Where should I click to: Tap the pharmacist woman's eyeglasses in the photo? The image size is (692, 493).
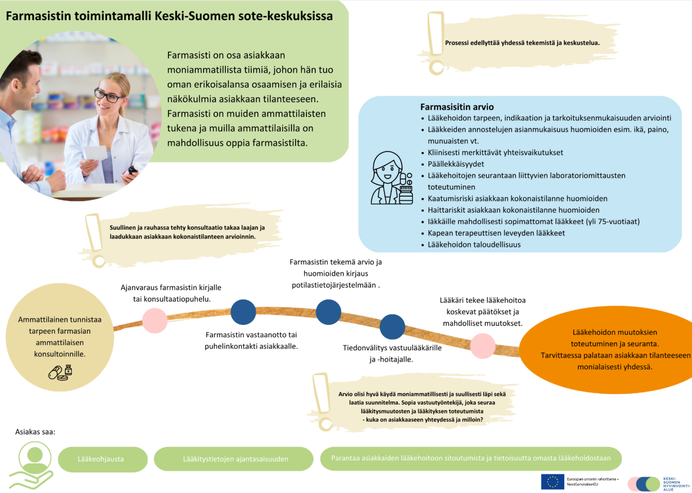pyautogui.click(x=107, y=96)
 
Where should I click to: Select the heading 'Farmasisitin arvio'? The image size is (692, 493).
pyautogui.click(x=457, y=107)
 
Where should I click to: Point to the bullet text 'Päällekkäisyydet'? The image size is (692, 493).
pyautogui.click(x=456, y=164)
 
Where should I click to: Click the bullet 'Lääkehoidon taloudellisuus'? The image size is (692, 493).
pyautogui.click(x=474, y=245)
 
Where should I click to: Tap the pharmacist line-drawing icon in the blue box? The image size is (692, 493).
pyautogui.click(x=391, y=178)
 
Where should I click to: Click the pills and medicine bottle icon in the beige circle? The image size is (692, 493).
pyautogui.click(x=60, y=372)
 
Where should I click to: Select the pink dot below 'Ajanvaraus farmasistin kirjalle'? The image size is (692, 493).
pyautogui.click(x=155, y=321)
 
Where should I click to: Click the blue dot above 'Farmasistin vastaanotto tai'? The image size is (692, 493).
pyautogui.click(x=243, y=312)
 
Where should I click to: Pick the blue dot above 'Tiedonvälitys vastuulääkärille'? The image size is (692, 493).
pyautogui.click(x=392, y=327)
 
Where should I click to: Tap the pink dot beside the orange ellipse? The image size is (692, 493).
pyautogui.click(x=483, y=346)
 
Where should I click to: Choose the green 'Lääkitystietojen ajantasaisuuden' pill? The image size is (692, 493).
pyautogui.click(x=235, y=459)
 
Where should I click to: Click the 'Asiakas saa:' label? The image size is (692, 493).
pyautogui.click(x=35, y=432)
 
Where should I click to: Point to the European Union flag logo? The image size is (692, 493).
pyautogui.click(x=552, y=482)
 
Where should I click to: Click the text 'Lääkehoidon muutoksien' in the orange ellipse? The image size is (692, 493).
pyautogui.click(x=614, y=332)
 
